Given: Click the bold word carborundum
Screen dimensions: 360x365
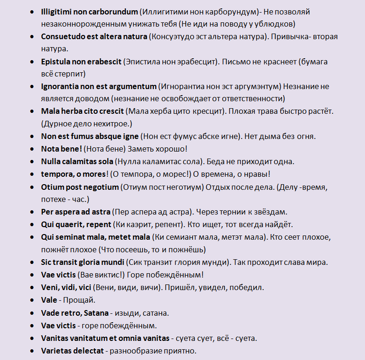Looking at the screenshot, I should click(114, 11).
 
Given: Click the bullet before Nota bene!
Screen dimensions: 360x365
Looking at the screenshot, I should click(31, 149).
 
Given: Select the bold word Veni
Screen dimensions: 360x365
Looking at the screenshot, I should click(50, 287).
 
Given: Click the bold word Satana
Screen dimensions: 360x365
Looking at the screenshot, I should click(96, 312).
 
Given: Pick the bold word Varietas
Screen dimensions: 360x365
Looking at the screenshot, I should click(56, 350).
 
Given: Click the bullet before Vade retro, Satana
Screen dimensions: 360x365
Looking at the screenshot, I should click(31, 312).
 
